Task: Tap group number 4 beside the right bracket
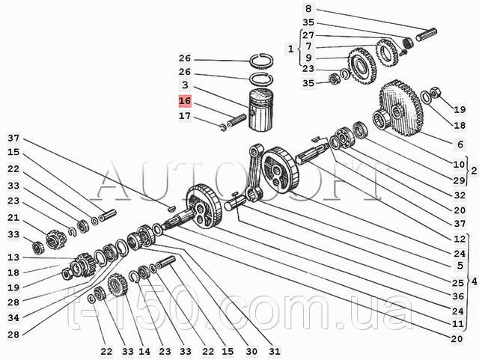[x=472, y=281]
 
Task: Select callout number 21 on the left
[x=13, y=218]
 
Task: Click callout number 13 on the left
[x=13, y=257]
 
